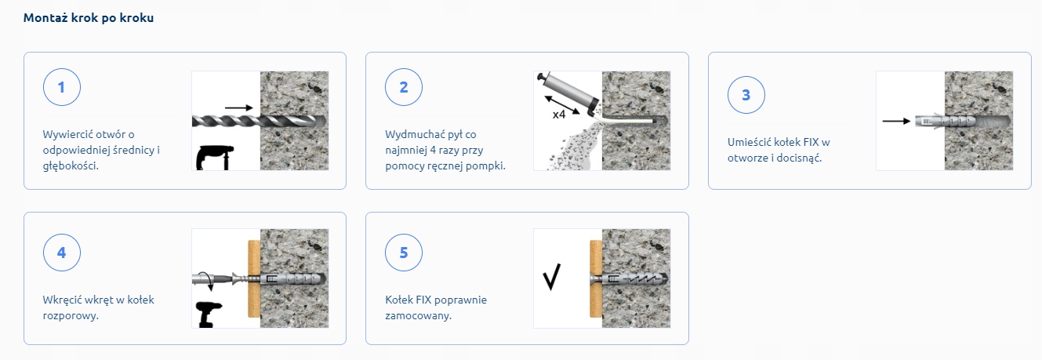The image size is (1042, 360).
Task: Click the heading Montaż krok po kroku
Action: pyautogui.click(x=89, y=18)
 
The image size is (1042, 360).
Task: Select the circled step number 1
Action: pyautogui.click(x=61, y=87)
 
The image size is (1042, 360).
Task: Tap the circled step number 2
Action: pyautogui.click(x=404, y=87)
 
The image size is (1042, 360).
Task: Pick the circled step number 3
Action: pyautogui.click(x=746, y=95)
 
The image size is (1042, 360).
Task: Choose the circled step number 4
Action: pyautogui.click(x=61, y=253)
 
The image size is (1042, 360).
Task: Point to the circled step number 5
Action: pyautogui.click(x=404, y=253)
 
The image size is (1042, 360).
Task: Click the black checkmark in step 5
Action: pyautogui.click(x=552, y=277)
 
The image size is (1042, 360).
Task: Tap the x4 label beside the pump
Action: pyautogui.click(x=559, y=115)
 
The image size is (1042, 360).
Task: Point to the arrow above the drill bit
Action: pyautogui.click(x=238, y=108)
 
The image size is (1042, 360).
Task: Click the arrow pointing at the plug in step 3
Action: pyautogui.click(x=896, y=122)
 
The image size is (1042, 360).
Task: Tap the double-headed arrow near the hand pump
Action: pyautogui.click(x=562, y=104)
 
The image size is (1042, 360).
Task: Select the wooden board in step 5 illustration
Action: pyautogui.click(x=596, y=278)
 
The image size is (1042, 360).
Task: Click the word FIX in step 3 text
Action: pyautogui.click(x=811, y=142)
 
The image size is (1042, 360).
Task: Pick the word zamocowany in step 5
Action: pyautogui.click(x=417, y=316)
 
